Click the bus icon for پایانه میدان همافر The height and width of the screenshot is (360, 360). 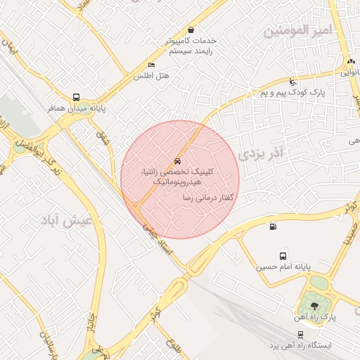click(76, 98)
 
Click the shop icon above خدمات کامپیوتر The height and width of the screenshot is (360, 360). click(191, 30)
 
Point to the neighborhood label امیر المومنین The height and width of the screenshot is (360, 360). click(295, 31)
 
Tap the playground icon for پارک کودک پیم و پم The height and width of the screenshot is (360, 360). click(292, 82)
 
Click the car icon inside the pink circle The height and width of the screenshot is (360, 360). click(176, 160)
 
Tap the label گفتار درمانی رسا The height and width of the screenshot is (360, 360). click(207, 199)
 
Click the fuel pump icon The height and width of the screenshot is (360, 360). click(272, 226)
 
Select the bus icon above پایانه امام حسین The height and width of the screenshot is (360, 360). click(283, 257)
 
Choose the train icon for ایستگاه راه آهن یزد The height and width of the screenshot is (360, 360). click(301, 334)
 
